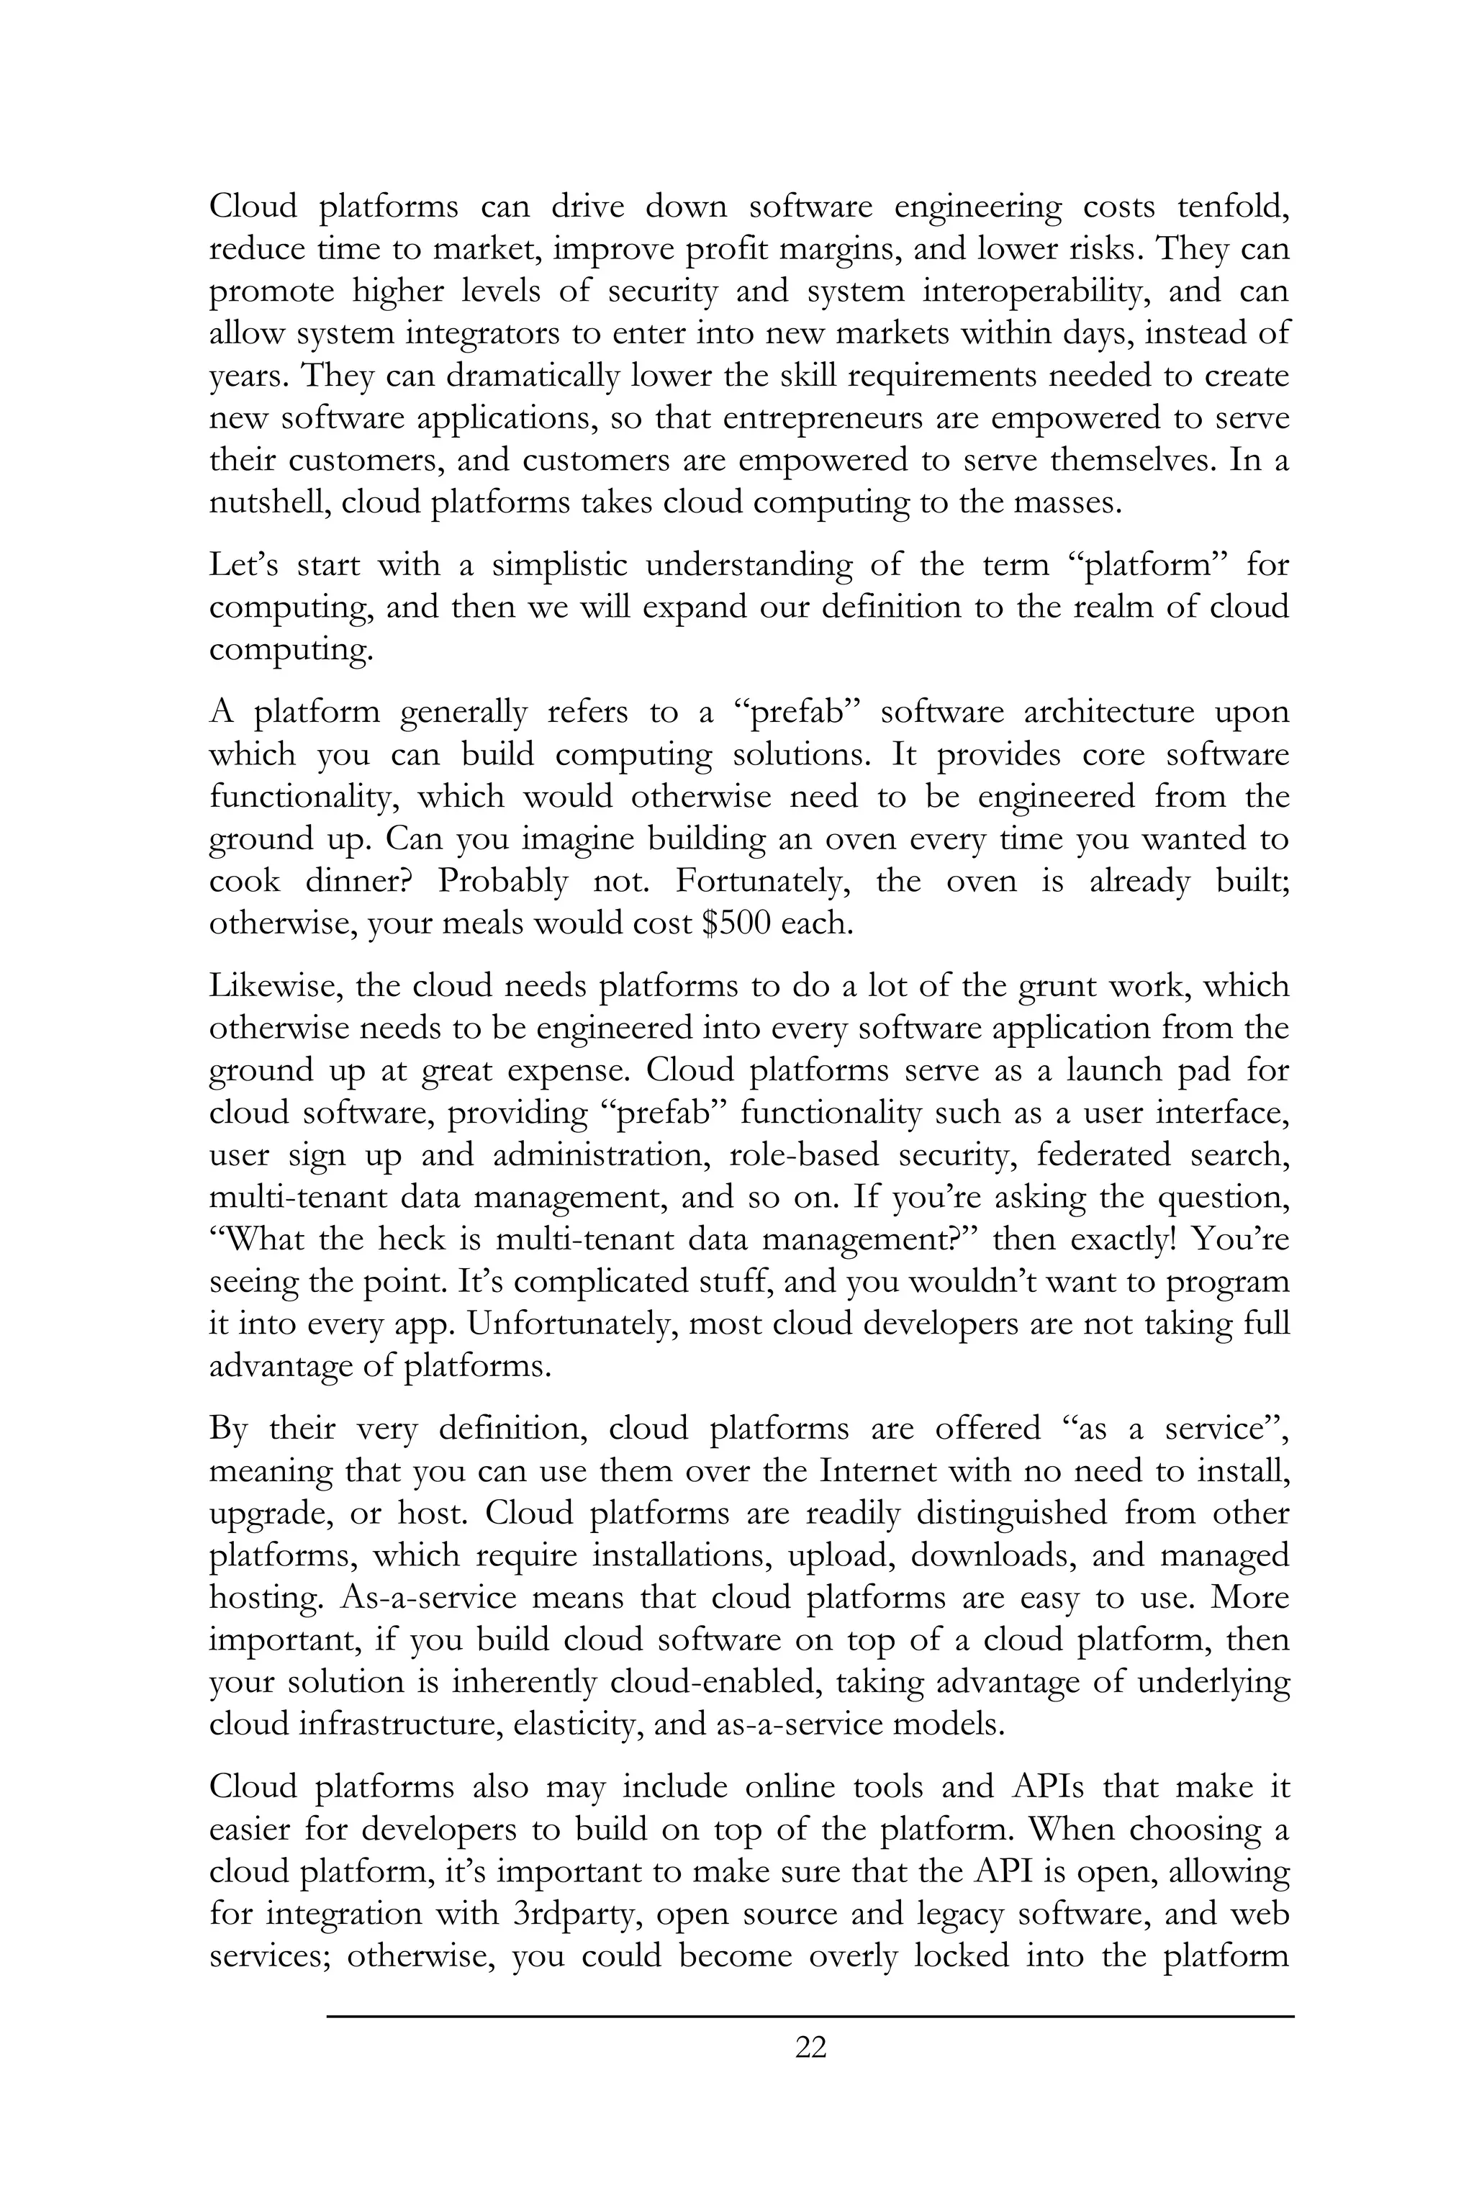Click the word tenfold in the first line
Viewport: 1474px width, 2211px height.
(1231, 206)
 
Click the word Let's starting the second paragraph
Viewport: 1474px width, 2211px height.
(242, 564)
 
